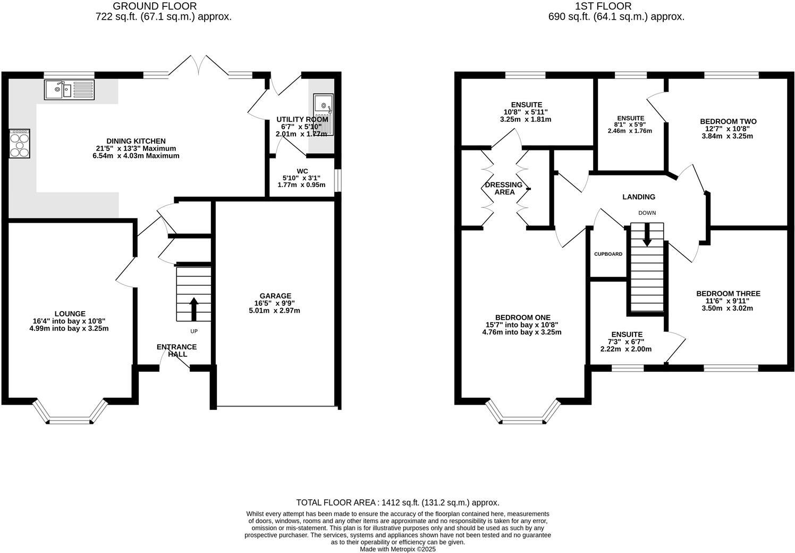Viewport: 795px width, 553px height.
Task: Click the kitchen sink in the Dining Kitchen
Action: point(69,89)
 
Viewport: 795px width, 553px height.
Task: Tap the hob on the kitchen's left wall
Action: point(19,143)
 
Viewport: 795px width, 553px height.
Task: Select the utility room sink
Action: point(323,114)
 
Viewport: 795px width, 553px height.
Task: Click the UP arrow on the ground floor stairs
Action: point(193,309)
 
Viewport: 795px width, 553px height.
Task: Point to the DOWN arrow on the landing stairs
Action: point(647,234)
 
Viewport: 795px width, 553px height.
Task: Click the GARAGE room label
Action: point(275,296)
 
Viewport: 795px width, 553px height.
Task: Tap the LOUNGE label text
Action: point(69,314)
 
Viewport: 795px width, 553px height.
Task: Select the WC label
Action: point(302,171)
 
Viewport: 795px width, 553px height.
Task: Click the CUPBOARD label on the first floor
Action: point(608,254)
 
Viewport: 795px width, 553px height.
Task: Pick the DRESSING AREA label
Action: point(504,188)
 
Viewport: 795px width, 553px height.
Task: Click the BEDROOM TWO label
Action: point(728,121)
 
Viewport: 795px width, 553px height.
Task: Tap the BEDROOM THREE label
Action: point(728,294)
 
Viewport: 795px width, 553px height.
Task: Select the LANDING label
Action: point(639,197)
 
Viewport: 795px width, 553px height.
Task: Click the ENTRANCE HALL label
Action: point(176,350)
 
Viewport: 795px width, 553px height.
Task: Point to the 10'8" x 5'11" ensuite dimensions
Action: point(526,112)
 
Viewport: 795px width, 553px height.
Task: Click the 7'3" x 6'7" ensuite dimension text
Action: point(625,342)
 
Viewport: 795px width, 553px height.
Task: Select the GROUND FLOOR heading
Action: point(155,6)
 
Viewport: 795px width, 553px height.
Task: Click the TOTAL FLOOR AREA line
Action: point(397,502)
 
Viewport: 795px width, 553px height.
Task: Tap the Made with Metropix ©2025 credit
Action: point(397,549)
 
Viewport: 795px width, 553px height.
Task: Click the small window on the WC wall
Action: point(338,179)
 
